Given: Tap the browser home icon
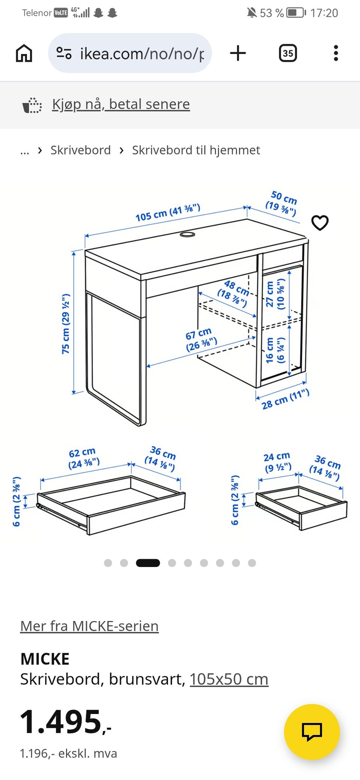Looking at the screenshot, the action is (24, 53).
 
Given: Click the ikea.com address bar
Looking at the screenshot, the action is (130, 53).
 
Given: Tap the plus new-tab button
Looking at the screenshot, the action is (238, 53).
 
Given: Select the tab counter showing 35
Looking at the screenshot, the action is (288, 53).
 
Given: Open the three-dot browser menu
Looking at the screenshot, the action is (336, 53).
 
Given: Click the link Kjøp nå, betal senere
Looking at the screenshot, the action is (121, 104).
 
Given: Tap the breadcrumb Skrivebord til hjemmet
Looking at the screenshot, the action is (196, 150).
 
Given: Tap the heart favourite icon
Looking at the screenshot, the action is (320, 223).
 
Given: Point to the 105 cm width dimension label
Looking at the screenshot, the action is (168, 213).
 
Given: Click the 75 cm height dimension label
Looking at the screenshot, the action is (66, 324).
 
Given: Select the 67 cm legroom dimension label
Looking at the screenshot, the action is (201, 339).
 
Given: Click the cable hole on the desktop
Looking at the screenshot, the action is (187, 234).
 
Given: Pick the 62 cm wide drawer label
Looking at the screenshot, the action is (84, 458).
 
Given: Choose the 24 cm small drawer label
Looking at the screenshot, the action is (277, 462).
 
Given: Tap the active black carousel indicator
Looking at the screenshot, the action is (148, 563).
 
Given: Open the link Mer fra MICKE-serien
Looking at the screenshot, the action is (90, 626).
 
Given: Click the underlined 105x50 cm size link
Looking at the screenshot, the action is (229, 679).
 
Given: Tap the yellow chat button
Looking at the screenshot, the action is (312, 732).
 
